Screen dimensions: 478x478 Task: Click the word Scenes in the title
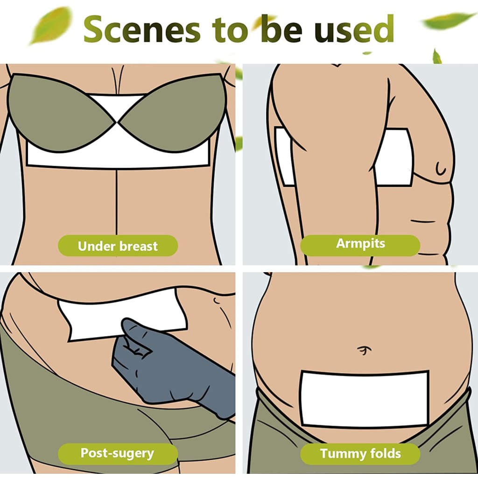(142, 29)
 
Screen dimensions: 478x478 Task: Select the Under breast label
(118, 246)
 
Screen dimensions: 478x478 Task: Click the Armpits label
(360, 245)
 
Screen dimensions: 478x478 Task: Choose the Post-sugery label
(118, 454)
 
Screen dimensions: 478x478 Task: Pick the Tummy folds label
(360, 454)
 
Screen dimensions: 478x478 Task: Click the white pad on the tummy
(365, 399)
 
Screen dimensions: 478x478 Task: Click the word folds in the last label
(386, 454)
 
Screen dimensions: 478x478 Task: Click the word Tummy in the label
(343, 454)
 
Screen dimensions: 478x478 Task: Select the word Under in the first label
(97, 246)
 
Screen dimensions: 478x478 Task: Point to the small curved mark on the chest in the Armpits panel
(440, 169)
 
